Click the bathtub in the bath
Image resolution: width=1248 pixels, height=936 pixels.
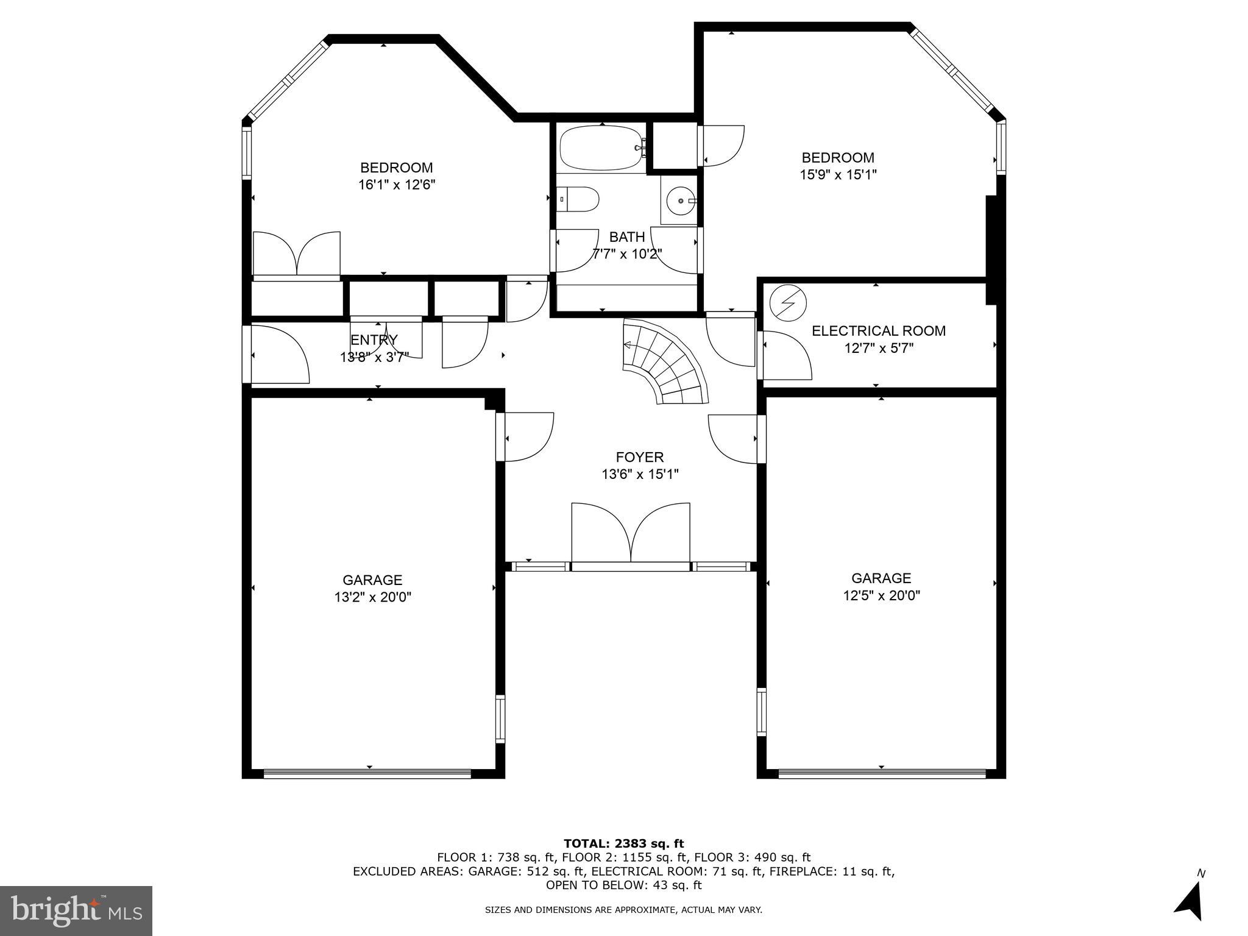[x=601, y=148]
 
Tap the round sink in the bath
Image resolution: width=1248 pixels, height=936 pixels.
[x=680, y=200]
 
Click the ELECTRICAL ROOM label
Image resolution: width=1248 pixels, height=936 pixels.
[x=878, y=331]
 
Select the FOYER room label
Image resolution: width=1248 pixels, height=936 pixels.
[x=639, y=457]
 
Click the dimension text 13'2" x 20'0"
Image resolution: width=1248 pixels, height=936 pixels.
[x=372, y=597]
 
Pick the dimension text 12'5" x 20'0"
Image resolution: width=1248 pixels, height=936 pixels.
[x=881, y=595]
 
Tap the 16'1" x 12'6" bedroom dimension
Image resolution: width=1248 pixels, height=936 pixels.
[x=397, y=185]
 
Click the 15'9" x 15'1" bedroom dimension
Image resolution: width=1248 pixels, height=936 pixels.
[x=838, y=175]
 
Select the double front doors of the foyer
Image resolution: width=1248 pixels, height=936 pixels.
[x=631, y=533]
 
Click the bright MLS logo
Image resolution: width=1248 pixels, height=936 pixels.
[x=76, y=911]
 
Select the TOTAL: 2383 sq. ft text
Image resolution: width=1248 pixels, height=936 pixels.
[x=623, y=843]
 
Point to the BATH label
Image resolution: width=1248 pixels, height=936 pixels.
[x=627, y=237]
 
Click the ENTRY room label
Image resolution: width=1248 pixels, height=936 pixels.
[x=374, y=340]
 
